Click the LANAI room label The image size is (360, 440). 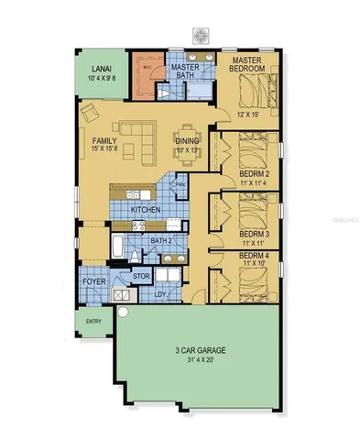101,70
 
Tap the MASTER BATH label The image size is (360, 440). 186,71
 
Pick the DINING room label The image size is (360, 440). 188,141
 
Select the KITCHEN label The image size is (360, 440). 147,210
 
